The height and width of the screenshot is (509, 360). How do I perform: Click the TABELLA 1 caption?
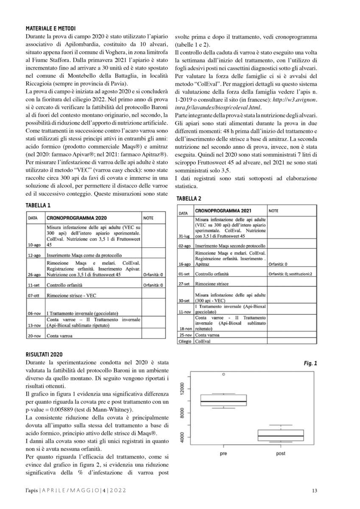pos(38,205)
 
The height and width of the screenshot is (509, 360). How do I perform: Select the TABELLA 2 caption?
pos(189,199)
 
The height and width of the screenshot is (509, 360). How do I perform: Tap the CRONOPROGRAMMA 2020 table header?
pos(76,218)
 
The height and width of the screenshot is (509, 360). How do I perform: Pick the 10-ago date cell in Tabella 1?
pos(34,245)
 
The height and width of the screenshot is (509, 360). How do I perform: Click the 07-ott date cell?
pos(34,296)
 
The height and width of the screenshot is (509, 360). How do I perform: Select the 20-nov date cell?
pos(34,336)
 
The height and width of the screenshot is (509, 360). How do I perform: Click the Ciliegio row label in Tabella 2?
pos(185,341)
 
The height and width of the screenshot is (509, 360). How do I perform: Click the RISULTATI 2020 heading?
pos(44,354)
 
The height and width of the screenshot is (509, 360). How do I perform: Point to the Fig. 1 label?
pos(310,363)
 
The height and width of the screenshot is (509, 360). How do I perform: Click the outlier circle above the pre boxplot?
pos(224,375)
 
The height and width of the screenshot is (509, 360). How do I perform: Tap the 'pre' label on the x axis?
pos(223,454)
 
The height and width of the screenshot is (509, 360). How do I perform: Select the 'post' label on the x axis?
pos(281,454)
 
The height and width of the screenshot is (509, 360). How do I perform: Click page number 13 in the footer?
pos(314,491)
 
